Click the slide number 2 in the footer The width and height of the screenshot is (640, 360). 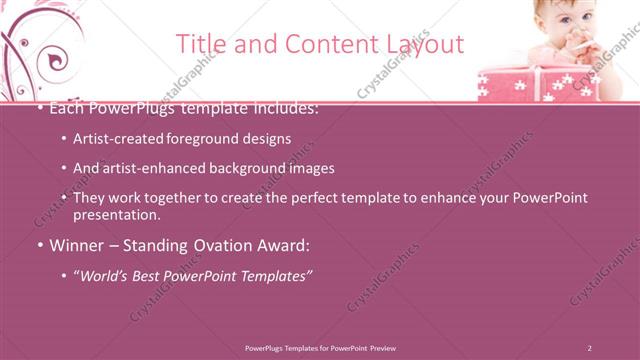click(590, 348)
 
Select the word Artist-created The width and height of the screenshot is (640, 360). click(120, 139)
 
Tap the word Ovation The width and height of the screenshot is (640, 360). click(217, 245)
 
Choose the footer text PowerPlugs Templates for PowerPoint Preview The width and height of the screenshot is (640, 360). click(320, 348)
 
